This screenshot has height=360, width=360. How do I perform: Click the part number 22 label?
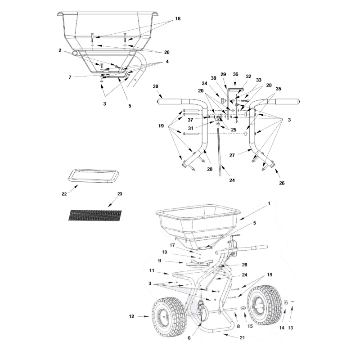click(x=64, y=193)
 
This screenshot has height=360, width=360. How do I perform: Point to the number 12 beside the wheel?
click(x=131, y=317)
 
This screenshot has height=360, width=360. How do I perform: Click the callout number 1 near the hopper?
click(x=269, y=203)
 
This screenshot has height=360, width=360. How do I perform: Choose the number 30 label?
click(x=156, y=86)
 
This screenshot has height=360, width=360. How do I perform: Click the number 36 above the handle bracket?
click(x=235, y=74)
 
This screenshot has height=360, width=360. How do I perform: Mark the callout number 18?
click(x=178, y=18)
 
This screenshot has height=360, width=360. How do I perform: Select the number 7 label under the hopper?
click(x=70, y=77)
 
